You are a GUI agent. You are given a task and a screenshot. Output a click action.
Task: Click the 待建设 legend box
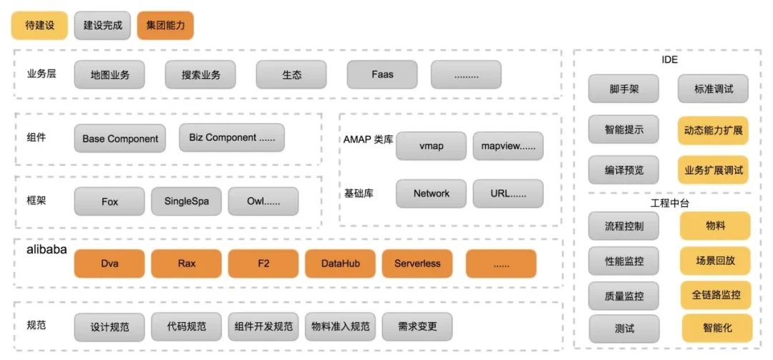coord(39,25)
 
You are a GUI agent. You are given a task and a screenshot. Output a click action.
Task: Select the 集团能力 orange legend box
coord(165,25)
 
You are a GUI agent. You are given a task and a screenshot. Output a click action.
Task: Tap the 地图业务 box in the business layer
coord(110,74)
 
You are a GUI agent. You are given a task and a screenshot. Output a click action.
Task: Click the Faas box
coord(382,74)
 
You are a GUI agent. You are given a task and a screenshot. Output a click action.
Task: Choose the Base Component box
coord(120,138)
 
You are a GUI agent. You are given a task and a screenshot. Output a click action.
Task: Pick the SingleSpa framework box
coord(186,201)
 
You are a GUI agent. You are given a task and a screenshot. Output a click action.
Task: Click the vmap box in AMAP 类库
coord(431,145)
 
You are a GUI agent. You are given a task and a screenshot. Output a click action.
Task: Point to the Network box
coord(431,193)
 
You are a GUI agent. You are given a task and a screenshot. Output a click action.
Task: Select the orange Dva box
coord(110,263)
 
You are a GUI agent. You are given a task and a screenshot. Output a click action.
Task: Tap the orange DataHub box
coord(341,263)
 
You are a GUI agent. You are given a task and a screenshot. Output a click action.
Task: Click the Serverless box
coord(417,263)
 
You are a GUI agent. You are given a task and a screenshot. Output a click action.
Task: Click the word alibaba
coord(47,250)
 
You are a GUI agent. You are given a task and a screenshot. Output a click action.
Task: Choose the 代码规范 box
coord(186,326)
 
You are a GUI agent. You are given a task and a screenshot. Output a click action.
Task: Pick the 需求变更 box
coord(417,326)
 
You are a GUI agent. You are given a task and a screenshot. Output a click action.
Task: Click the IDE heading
coord(669,60)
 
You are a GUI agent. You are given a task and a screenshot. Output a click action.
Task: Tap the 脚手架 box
coord(624,89)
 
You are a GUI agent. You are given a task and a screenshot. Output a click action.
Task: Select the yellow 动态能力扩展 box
coord(713,131)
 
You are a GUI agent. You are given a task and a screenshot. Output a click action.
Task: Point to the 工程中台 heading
coord(669,203)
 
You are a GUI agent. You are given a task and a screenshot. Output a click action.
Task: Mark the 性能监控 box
coord(624,261)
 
